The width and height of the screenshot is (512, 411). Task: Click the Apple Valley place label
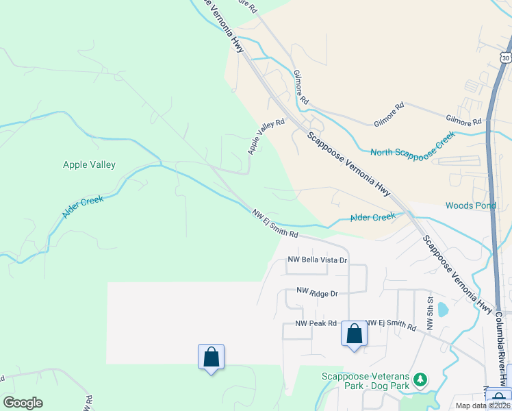pos(89,164)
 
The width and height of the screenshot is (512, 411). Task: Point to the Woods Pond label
pos(470,206)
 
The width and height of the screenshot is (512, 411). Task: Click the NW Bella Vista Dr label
pos(318,260)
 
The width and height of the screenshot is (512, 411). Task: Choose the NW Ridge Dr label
pos(317,292)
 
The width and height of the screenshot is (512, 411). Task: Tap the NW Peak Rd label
pos(316,323)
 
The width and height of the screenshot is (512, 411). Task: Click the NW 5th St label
pos(431,314)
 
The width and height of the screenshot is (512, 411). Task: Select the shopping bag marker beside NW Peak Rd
pos(354,334)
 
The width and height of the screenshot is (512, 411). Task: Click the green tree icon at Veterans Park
pos(420,379)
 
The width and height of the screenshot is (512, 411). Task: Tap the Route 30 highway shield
pos(505,58)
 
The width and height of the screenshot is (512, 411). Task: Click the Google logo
pos(23,403)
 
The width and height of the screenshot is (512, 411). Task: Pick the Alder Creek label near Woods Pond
pos(373,217)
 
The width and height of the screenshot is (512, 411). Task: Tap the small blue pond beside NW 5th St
pos(443,309)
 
